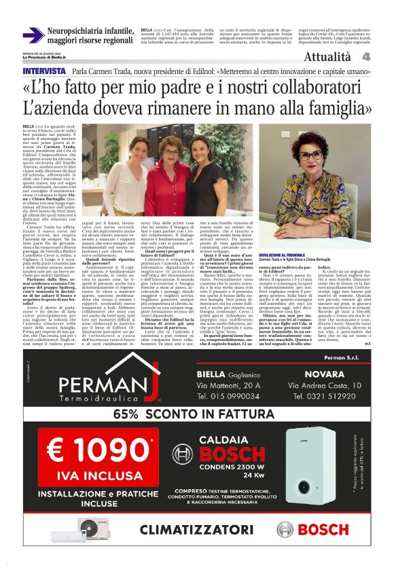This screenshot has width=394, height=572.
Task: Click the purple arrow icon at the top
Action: coord(33,35)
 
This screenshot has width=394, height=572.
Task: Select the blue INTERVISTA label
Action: coord(44,71)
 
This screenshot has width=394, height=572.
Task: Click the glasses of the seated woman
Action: coord(311,155)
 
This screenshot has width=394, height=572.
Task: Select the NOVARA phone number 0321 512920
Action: coord(330,396)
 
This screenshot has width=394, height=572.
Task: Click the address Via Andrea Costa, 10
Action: coord(329,384)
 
